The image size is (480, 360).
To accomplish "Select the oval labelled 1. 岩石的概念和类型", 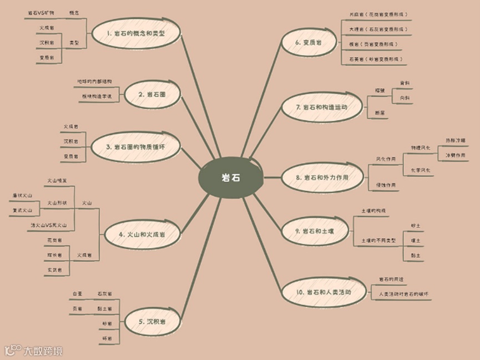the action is (x=136, y=34).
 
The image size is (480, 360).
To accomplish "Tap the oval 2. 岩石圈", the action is (x=151, y=95).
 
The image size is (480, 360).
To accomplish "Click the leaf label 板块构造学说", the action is (x=95, y=97).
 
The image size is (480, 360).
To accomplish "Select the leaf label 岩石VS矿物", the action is (x=41, y=12).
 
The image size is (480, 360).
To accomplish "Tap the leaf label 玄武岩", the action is (x=54, y=269).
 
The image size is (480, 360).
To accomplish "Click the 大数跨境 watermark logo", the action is (x=34, y=351).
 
